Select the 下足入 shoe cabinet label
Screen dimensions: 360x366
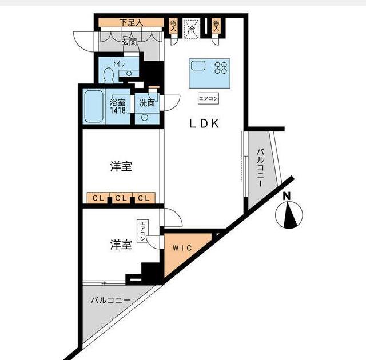click(132, 23)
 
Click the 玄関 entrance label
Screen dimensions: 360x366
click(129, 41)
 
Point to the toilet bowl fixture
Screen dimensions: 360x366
click(109, 76)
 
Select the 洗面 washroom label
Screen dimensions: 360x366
click(147, 103)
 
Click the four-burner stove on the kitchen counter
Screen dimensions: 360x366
click(220, 69)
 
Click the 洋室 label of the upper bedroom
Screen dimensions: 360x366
click(121, 167)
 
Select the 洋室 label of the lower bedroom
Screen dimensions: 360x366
click(121, 245)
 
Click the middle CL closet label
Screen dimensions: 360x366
click(120, 198)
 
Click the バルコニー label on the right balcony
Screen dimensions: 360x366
click(260, 170)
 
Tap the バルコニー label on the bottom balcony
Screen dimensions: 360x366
click(110, 300)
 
